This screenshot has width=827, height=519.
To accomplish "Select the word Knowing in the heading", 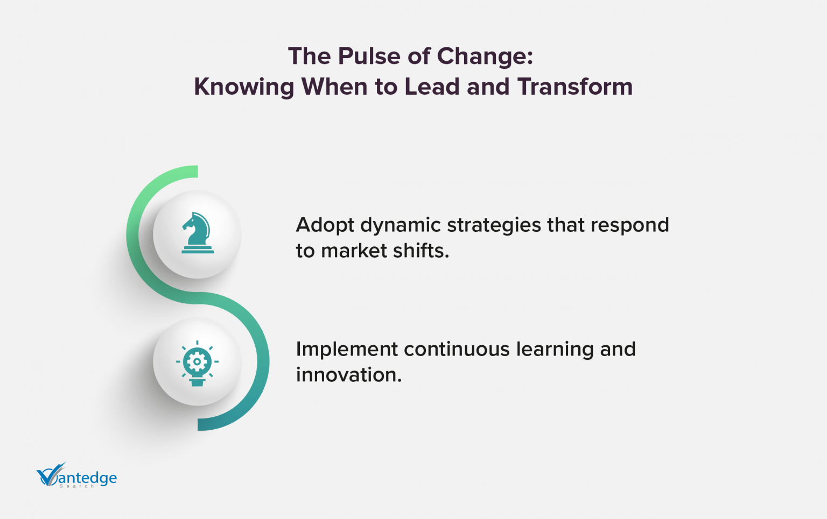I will (x=244, y=87).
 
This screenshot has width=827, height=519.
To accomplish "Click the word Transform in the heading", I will (x=575, y=87).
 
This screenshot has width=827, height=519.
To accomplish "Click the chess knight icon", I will (x=197, y=233).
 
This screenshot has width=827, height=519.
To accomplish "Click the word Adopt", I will (x=324, y=225).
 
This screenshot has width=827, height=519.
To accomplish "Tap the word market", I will (x=352, y=251).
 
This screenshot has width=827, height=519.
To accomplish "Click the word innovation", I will (x=348, y=375).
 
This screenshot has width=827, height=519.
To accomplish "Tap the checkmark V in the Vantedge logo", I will (x=50, y=475).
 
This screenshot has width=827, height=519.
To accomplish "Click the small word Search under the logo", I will (x=76, y=486).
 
